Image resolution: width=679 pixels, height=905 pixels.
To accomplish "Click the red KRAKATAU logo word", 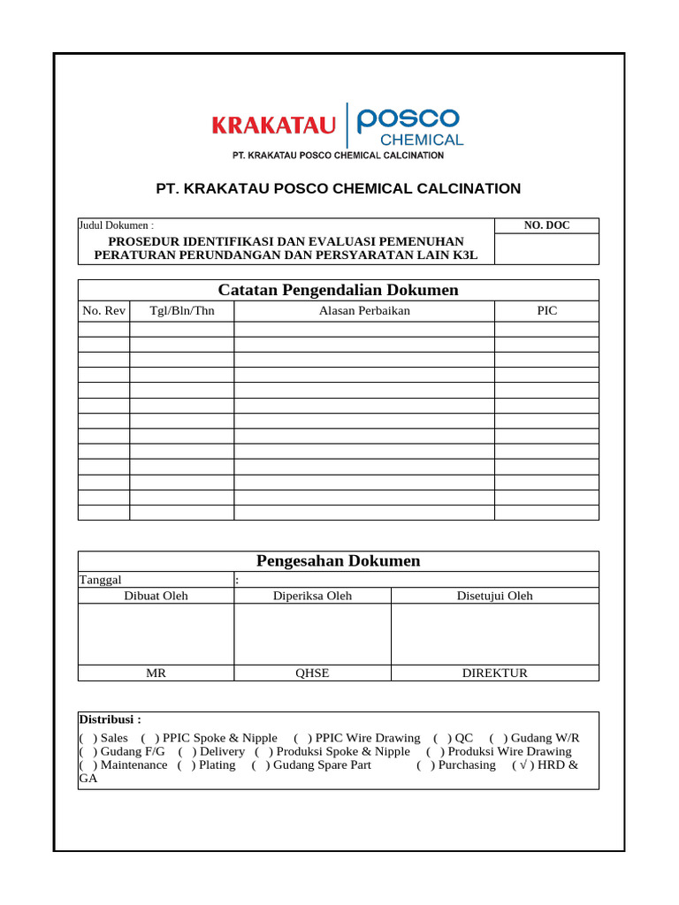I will coord(273,126).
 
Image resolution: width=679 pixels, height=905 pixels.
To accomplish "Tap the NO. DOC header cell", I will coord(546,225).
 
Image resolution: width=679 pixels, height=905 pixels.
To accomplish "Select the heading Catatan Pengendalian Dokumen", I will coord(338,290).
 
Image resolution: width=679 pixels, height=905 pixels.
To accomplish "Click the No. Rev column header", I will coord(103,310).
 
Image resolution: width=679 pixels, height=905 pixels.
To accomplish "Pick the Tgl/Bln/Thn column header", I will coord(181,310).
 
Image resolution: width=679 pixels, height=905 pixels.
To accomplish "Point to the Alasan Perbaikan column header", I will coord(363,310).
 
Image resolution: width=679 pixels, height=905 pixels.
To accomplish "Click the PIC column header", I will coord(546,310).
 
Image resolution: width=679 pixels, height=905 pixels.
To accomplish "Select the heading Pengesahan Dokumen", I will coord(338,561).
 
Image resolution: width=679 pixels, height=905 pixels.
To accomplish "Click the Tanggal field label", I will coord(101,580).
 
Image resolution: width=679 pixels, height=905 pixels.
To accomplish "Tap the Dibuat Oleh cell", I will coord(156,596).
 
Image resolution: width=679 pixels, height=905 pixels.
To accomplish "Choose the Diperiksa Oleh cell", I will coord(312,596).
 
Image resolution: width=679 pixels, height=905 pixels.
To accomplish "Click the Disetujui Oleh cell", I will coord(494,596).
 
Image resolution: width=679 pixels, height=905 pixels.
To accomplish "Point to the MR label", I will coord(156,673).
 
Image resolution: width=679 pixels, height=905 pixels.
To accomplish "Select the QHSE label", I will coord(312,673).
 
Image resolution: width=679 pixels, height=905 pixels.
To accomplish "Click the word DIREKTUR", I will coord(494,673).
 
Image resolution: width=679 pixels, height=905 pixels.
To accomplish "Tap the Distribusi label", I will coord(111,719).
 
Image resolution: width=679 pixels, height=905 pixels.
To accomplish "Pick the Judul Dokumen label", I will coord(116,225).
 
